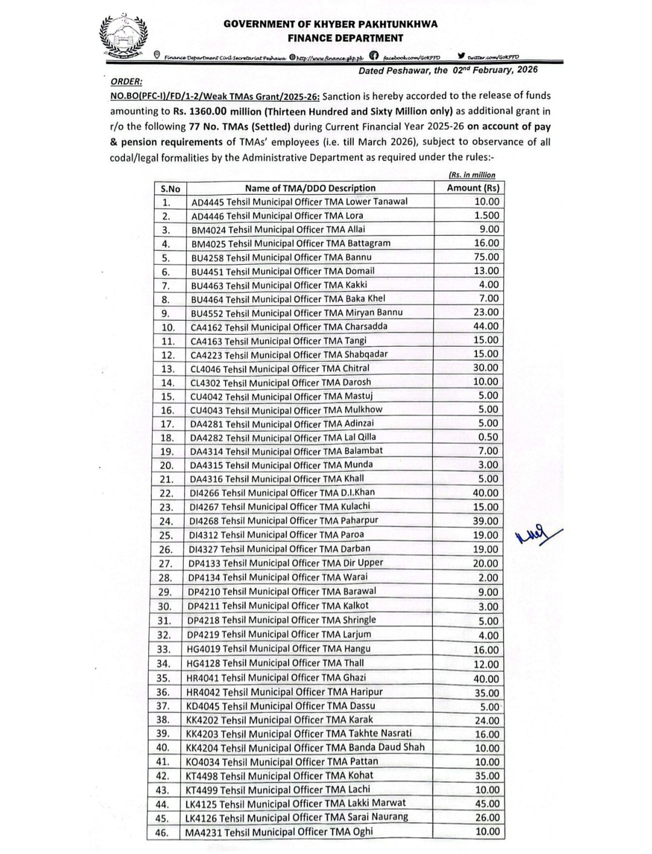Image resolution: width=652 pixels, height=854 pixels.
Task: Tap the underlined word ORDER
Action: tap(126, 81)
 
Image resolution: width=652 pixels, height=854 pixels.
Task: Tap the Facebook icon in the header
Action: tap(374, 57)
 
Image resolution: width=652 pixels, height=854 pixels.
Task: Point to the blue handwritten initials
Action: tap(538, 534)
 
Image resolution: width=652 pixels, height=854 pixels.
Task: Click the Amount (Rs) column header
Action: tap(473, 188)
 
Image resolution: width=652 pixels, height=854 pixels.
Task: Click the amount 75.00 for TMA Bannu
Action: tap(486, 257)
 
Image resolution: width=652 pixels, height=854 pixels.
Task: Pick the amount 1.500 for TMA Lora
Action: tap(487, 215)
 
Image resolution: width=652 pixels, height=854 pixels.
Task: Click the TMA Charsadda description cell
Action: tap(289, 327)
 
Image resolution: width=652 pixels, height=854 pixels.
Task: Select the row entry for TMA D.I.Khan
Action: tap(282, 493)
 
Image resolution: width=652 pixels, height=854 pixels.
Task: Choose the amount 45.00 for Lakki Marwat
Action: tap(487, 804)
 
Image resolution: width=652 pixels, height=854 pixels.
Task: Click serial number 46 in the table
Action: tap(162, 833)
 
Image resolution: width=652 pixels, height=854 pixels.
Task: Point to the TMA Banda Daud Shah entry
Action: tap(305, 748)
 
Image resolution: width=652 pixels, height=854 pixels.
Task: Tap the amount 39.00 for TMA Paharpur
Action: tap(486, 521)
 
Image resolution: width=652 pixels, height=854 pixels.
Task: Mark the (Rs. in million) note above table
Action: tap(471, 175)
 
